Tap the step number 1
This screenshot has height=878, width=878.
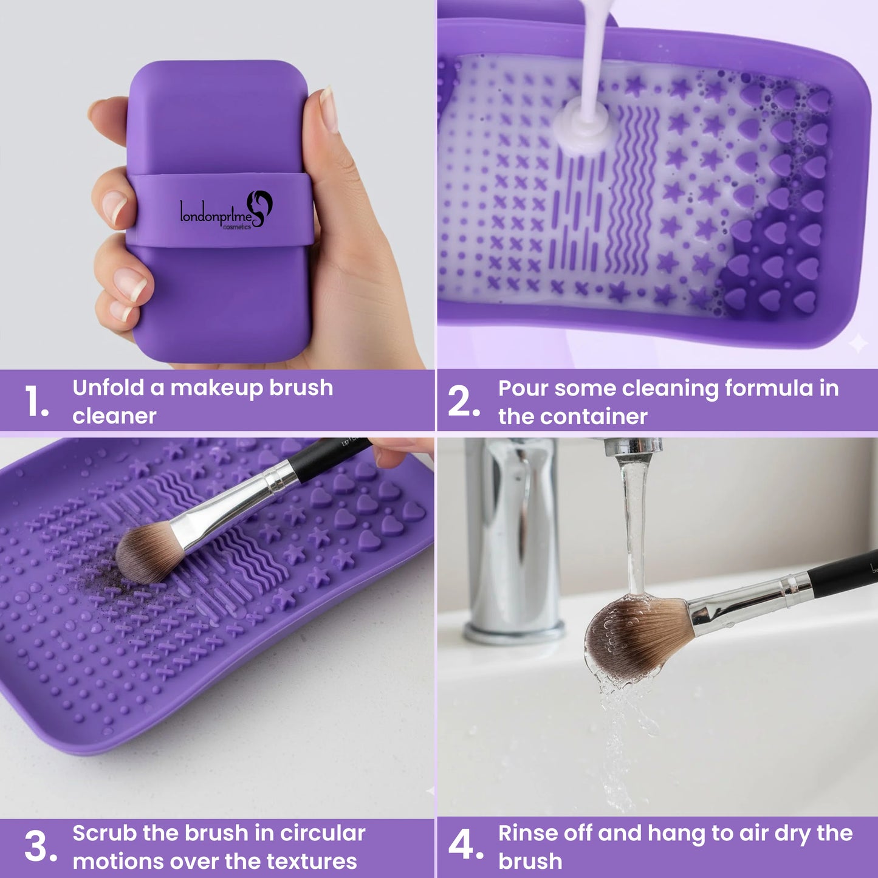tap(36, 402)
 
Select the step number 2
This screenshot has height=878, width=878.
tap(463, 402)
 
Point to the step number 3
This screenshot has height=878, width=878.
tap(39, 846)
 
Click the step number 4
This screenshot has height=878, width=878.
tap(465, 845)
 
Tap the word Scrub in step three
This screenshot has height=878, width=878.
tap(103, 833)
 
